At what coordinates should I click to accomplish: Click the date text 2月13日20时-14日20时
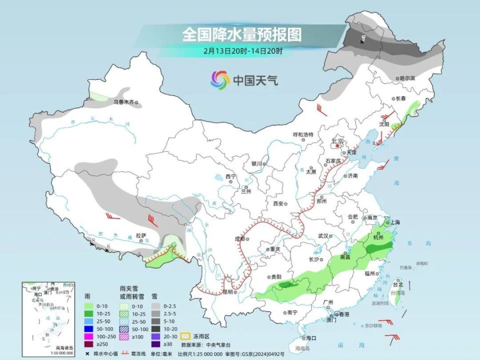[x=243, y=51]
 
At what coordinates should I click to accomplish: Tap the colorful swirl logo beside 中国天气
[x=220, y=79]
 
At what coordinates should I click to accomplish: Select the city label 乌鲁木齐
[x=122, y=102]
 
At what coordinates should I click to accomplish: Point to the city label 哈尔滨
[x=407, y=78]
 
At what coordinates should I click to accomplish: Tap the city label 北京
[x=338, y=141]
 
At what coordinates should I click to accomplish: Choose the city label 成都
[x=239, y=239]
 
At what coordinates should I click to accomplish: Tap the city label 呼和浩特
[x=302, y=135]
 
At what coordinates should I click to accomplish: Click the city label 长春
[x=400, y=98]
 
